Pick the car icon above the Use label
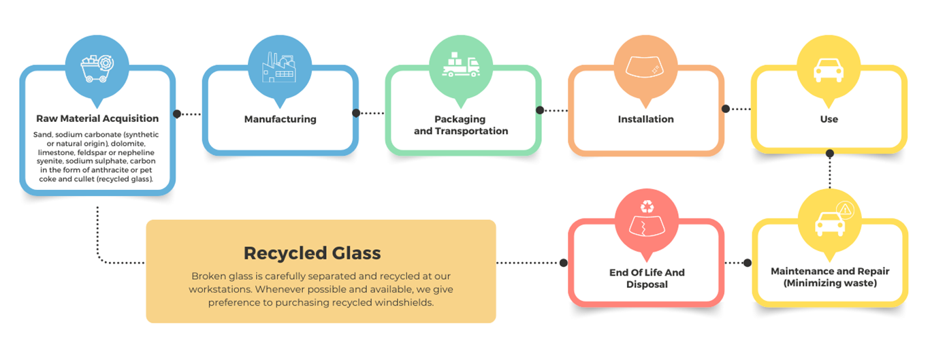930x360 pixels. (x=829, y=69)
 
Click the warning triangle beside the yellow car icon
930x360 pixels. (x=844, y=209)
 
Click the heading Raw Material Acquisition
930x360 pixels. (x=97, y=118)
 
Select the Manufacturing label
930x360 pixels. (x=280, y=119)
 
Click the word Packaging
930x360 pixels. (x=461, y=119)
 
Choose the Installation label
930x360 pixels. (x=645, y=119)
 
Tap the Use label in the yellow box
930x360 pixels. (x=829, y=119)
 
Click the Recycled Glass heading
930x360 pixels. (x=312, y=253)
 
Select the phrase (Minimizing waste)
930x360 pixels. (x=829, y=283)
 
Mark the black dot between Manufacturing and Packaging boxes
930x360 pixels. (x=355, y=114)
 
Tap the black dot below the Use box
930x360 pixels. (x=829, y=152)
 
